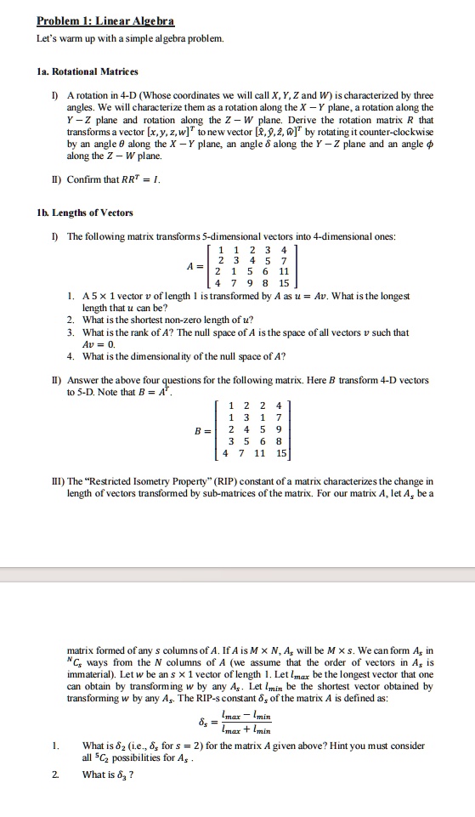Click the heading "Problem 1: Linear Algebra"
tap(106, 19)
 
